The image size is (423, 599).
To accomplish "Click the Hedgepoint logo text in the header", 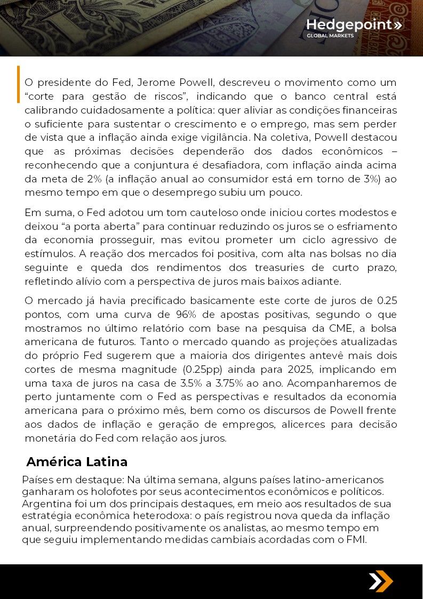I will pyautogui.click(x=350, y=25).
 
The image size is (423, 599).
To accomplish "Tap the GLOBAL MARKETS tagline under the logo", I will pyautogui.click(x=330, y=36).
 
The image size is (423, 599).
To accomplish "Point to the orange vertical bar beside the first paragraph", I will pyautogui.click(x=18, y=84).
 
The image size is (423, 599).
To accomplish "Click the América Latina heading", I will pyautogui.click(x=77, y=461).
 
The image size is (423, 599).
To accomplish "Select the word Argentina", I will pyautogui.click(x=45, y=504).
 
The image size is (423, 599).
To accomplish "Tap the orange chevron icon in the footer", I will pyautogui.click(x=381, y=581).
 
